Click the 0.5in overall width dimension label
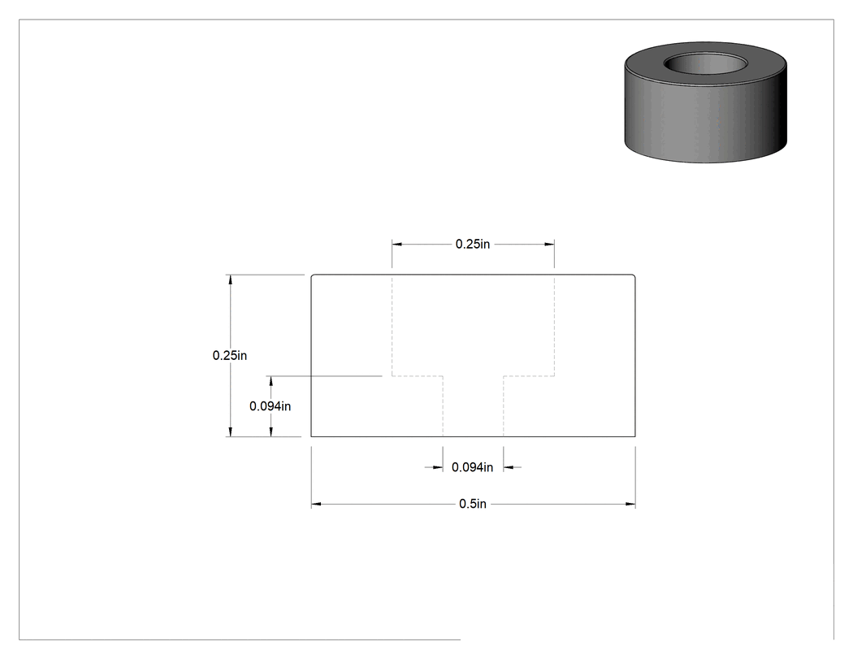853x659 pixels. click(x=472, y=504)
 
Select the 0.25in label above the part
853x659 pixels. click(x=472, y=245)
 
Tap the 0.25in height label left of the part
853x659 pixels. click(x=230, y=355)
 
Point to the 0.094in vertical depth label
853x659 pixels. click(x=270, y=406)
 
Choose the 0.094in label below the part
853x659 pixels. click(x=472, y=467)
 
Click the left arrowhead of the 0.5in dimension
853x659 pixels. click(x=316, y=504)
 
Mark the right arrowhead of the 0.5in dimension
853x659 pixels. click(x=630, y=504)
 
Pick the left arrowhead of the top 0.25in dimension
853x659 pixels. click(x=397, y=245)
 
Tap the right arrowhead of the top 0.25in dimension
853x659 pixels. click(x=549, y=245)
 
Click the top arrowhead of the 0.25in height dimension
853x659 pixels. click(x=230, y=280)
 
